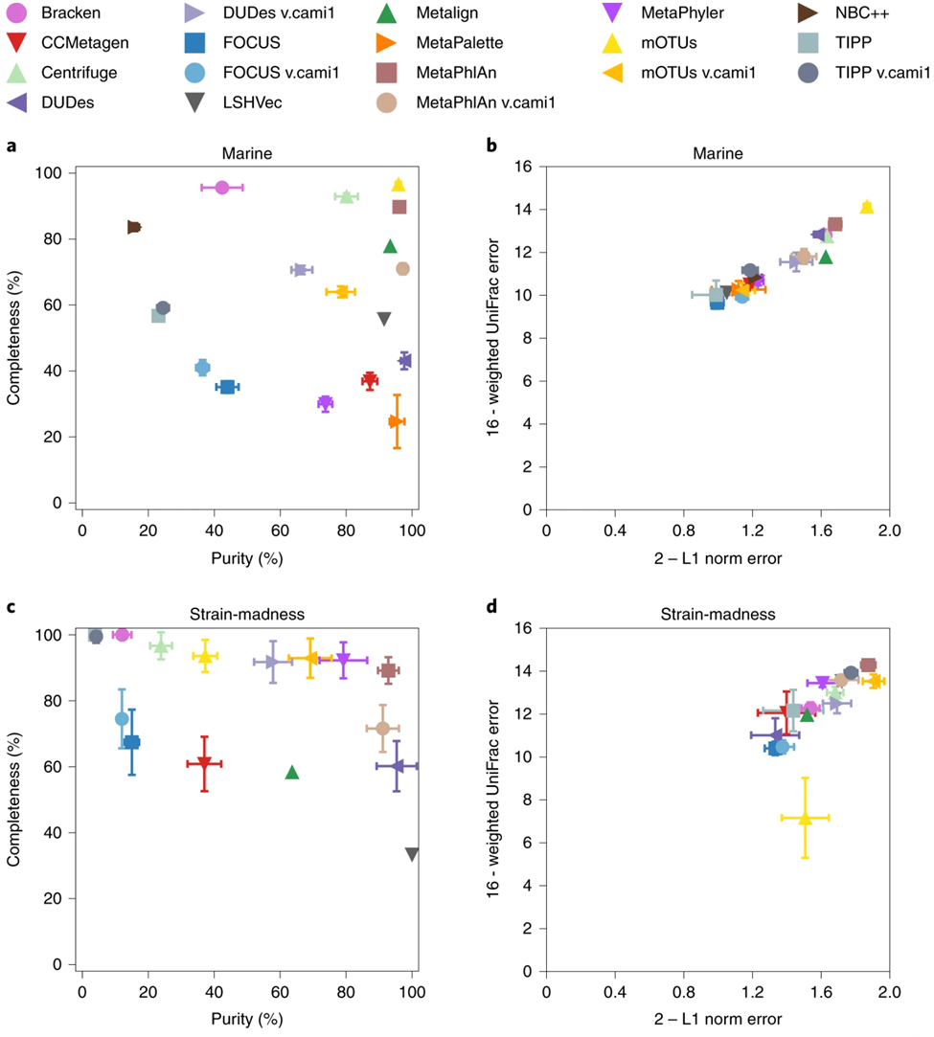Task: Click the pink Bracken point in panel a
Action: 221,188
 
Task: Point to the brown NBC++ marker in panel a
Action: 134,227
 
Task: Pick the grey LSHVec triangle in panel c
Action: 412,854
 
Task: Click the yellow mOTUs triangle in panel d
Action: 805,818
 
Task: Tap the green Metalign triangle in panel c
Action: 292,772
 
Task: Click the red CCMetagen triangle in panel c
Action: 203,763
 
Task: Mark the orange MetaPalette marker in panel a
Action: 397,421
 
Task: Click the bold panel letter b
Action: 491,146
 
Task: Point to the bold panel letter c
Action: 11,607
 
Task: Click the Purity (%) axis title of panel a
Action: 247,557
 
